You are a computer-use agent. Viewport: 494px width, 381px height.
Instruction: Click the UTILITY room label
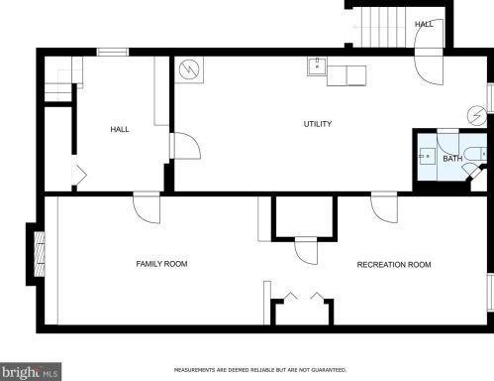tap(318, 124)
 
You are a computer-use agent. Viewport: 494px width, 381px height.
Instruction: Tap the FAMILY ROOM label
tap(161, 264)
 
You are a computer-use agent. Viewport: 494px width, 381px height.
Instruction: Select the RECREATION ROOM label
tap(394, 265)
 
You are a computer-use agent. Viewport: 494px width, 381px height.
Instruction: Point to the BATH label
tap(452, 159)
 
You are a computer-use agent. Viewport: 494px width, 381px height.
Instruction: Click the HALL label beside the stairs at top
tap(424, 24)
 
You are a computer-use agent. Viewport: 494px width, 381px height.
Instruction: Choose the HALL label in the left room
tap(120, 129)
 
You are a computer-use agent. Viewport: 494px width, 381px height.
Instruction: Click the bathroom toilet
tap(475, 154)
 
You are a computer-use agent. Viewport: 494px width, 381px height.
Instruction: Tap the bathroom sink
tap(427, 156)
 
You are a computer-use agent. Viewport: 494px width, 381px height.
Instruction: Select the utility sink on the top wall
tap(317, 66)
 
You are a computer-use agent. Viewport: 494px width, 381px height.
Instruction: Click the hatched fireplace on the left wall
tap(40, 254)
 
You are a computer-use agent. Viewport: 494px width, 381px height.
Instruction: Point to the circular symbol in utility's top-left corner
tap(189, 69)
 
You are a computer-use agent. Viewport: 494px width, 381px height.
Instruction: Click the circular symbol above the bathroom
tap(477, 116)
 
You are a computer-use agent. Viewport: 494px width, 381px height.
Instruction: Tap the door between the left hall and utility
tap(185, 146)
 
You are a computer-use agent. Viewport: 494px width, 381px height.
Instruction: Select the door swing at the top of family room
tap(147, 207)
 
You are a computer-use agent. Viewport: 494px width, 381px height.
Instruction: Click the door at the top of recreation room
tap(384, 207)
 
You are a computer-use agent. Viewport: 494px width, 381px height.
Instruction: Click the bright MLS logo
tap(31, 372)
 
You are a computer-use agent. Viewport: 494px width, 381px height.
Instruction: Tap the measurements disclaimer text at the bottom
tap(260, 370)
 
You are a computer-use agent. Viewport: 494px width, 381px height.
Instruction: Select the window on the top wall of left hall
tap(113, 52)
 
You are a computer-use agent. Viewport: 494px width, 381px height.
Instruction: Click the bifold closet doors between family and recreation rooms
tap(304, 297)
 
